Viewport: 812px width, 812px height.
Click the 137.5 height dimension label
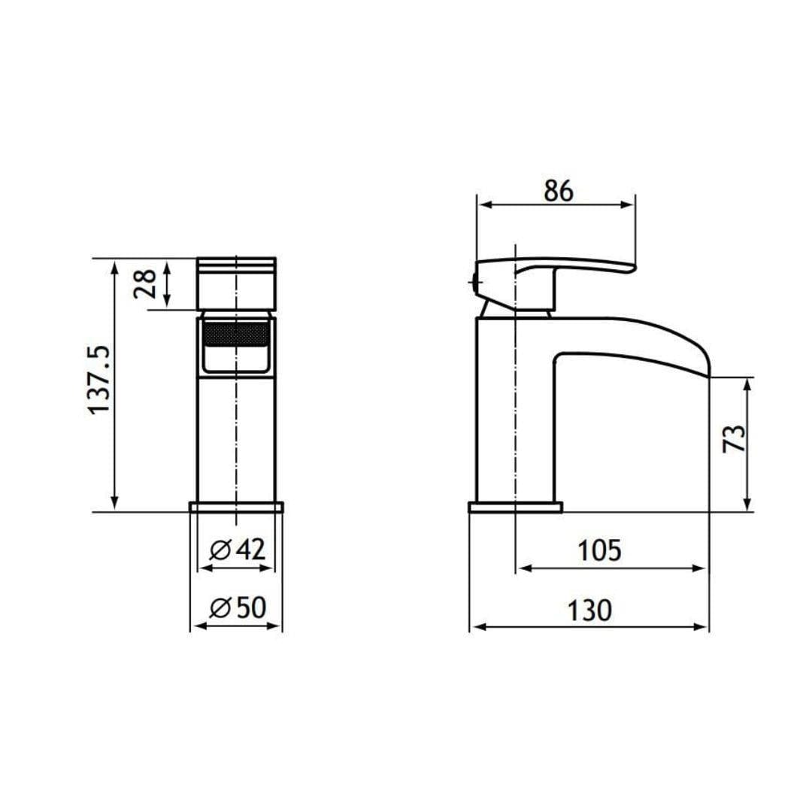point(99,380)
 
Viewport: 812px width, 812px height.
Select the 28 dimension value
point(145,283)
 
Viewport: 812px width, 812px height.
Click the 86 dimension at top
point(558,192)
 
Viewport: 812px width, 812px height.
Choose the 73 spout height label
point(734,438)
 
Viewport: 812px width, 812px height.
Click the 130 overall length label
point(589,610)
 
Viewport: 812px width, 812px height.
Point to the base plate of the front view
point(237,507)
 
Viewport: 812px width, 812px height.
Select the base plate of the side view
point(515,507)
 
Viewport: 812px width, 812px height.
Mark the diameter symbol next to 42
point(220,550)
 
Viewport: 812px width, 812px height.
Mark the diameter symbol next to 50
point(220,607)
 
